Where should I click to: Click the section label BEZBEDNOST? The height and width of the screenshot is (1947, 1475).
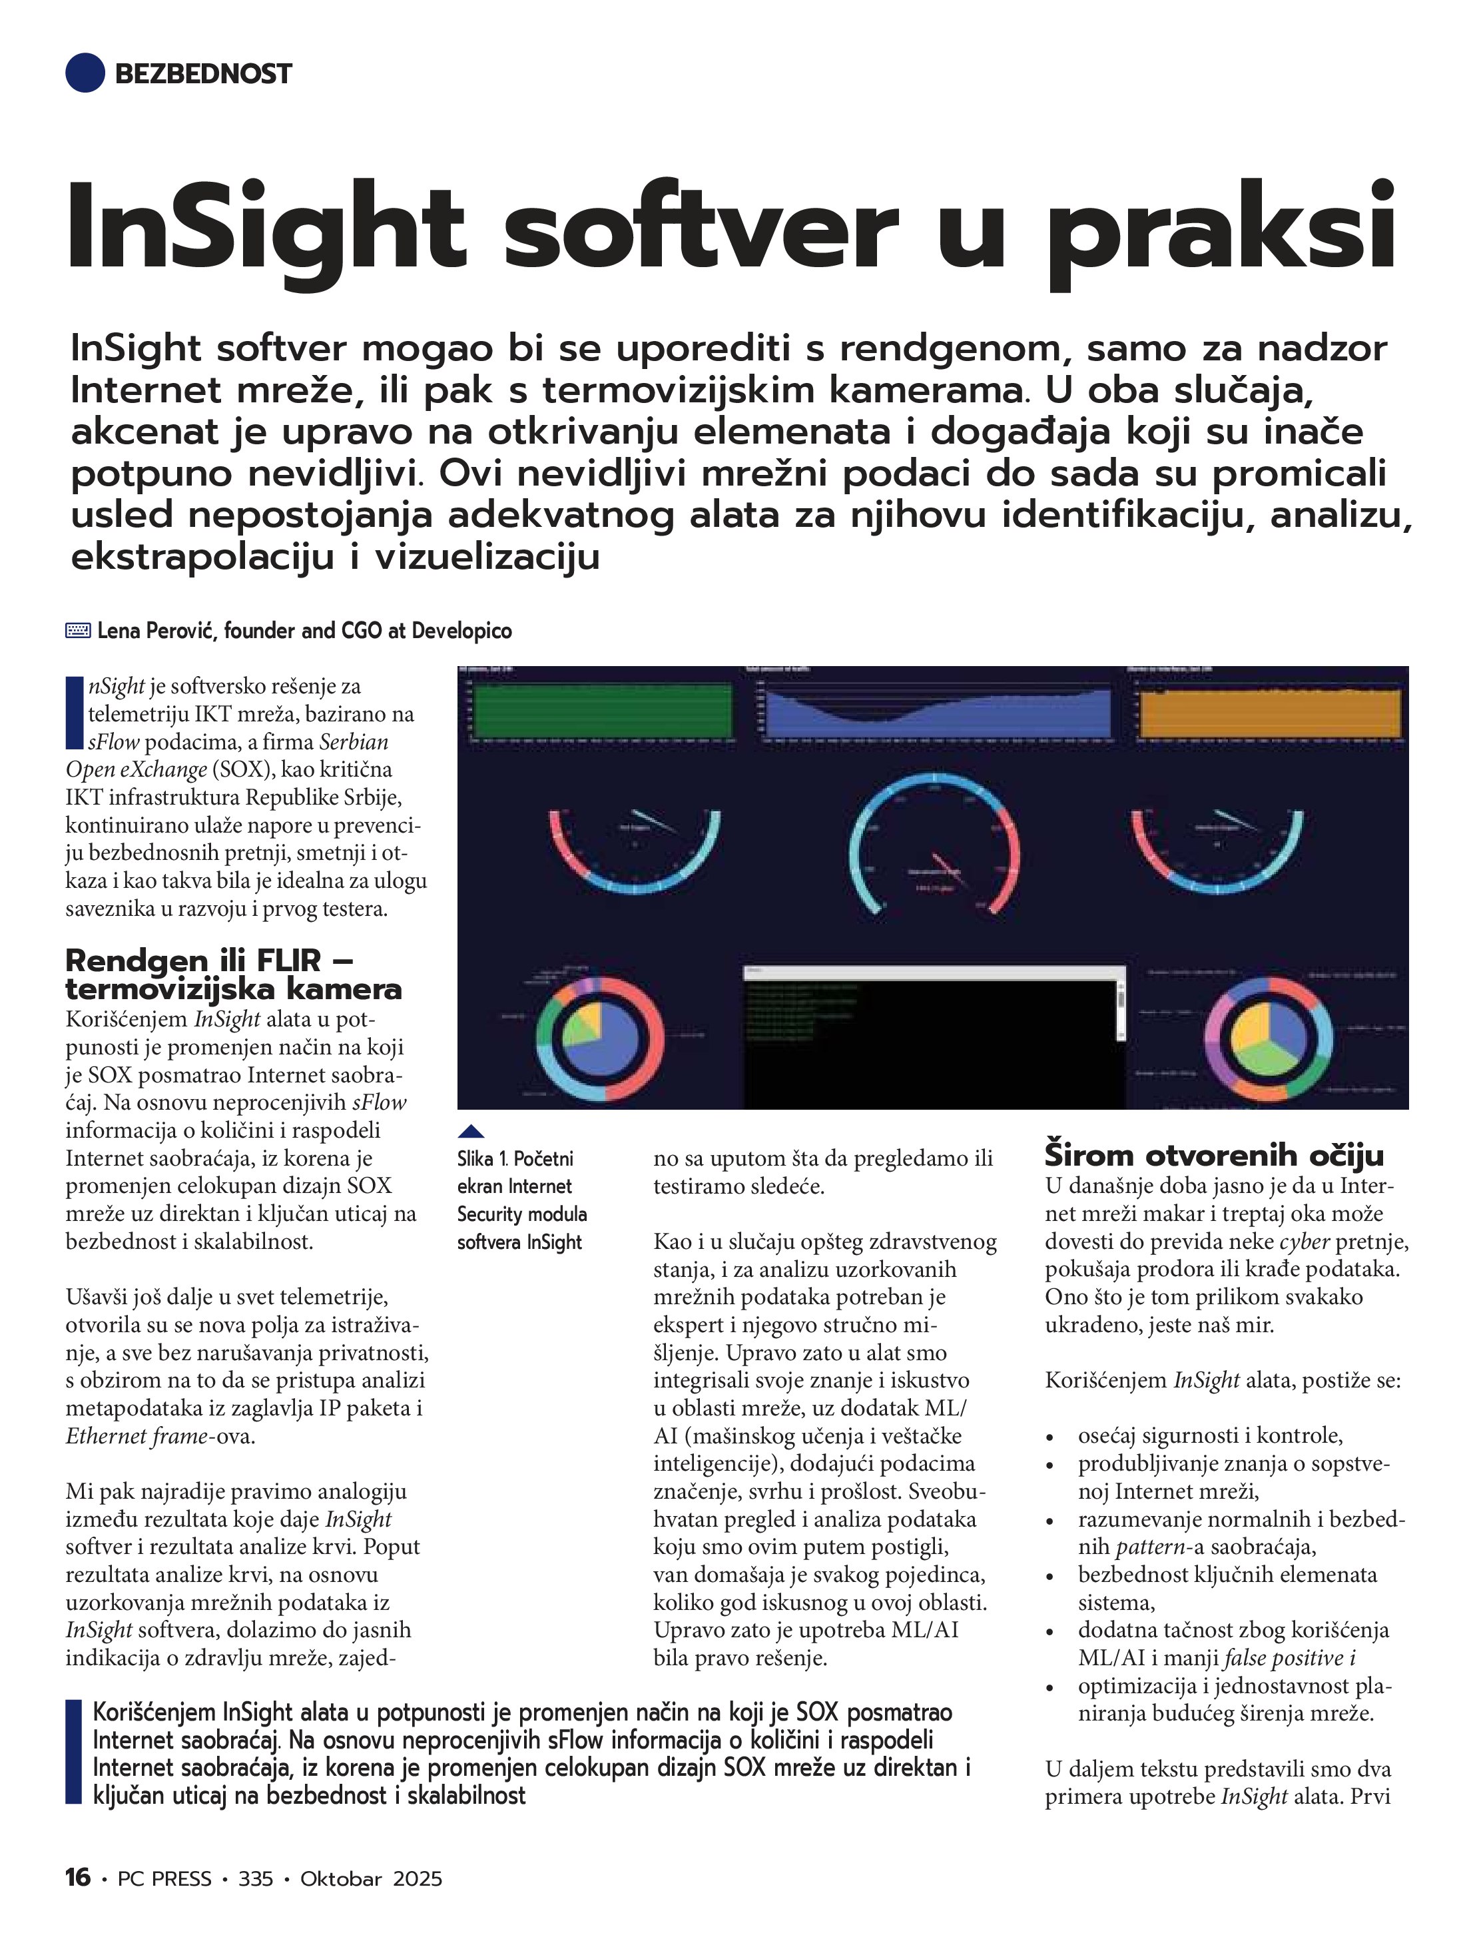202,74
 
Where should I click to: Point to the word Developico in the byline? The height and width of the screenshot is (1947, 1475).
461,631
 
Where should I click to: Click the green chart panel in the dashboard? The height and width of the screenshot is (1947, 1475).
603,709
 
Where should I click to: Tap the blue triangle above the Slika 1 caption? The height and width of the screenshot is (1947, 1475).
471,1131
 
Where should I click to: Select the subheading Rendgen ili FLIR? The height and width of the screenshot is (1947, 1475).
233,974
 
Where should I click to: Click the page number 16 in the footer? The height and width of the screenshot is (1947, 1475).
77,1878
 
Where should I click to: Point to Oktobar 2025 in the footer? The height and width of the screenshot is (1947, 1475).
370,1878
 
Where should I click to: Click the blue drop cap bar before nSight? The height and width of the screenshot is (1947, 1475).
74,713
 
